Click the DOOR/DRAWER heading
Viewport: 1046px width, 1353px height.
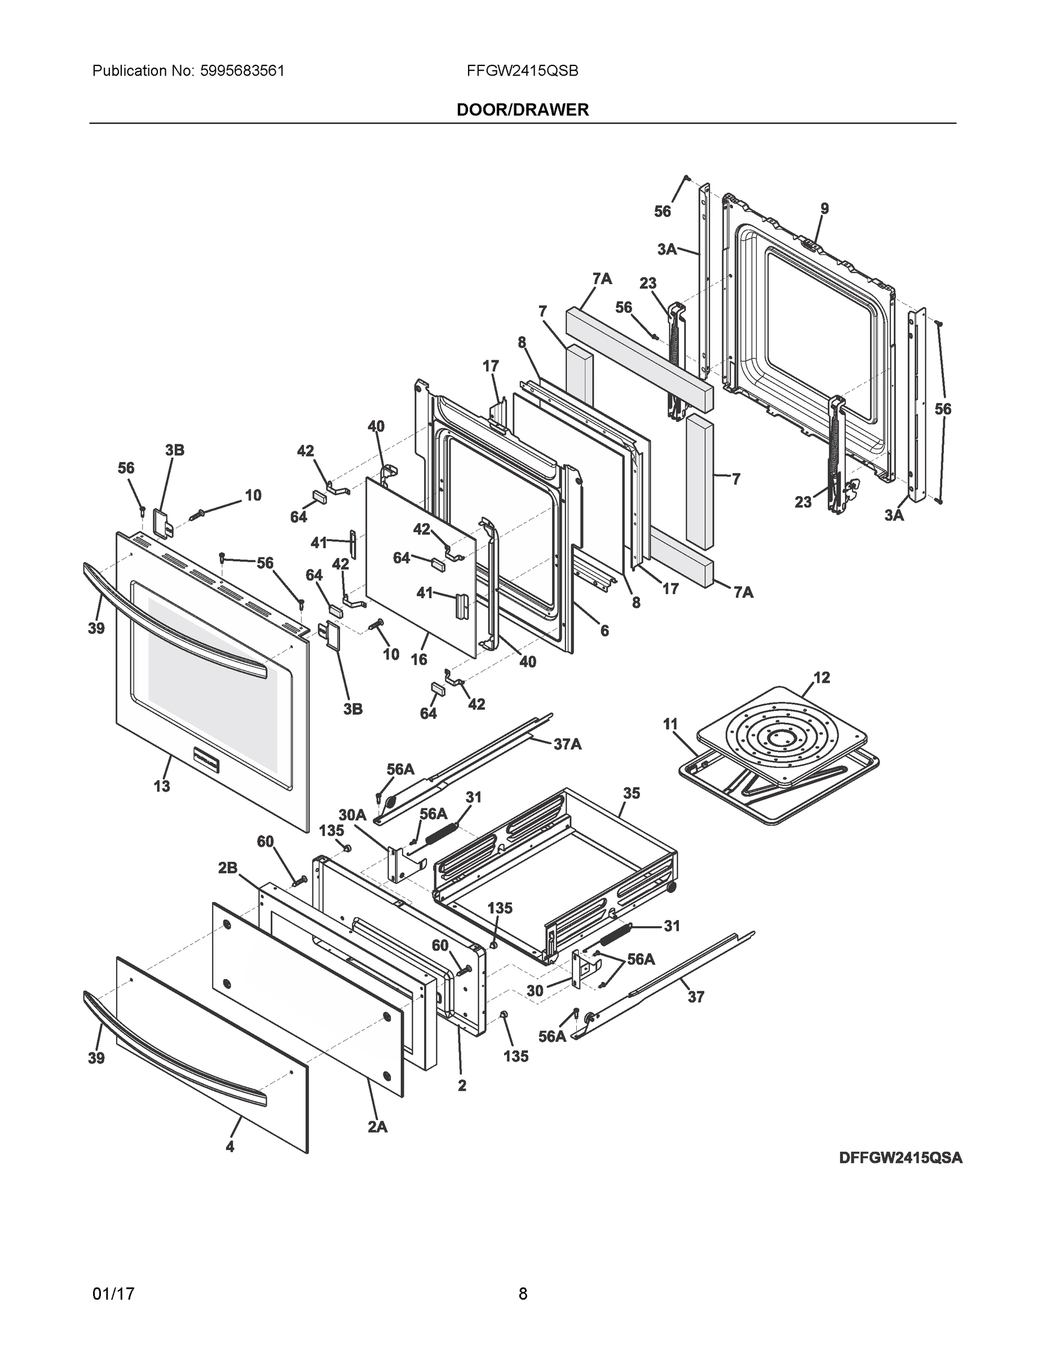coord(522,110)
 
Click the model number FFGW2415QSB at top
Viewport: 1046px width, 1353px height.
coord(522,71)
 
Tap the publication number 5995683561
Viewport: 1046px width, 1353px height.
coord(242,71)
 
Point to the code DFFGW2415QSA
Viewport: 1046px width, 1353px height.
coord(901,1158)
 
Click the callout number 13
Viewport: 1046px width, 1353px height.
coord(162,786)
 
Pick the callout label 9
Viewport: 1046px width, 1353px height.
coord(824,209)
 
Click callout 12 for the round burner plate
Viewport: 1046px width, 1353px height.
coord(821,678)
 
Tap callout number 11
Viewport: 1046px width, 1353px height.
coord(670,724)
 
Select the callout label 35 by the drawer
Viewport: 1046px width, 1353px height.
coord(632,793)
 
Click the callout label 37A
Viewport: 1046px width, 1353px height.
coord(567,744)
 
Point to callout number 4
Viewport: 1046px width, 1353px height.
coord(230,1147)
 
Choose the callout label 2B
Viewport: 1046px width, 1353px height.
coord(228,868)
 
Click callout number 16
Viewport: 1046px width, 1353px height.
coord(419,659)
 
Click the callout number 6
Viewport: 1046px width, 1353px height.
coord(604,631)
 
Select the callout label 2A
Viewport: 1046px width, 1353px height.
coord(377,1127)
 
